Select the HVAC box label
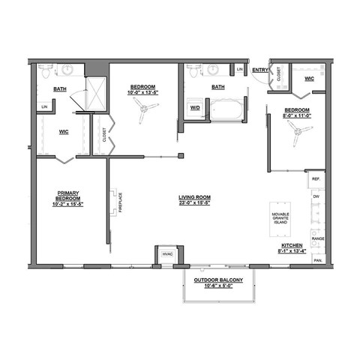tap(166, 255)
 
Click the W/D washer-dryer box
tap(195, 107)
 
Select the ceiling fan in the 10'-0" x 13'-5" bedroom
tap(143, 110)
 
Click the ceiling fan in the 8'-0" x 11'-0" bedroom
tap(300, 131)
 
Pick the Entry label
tap(260, 70)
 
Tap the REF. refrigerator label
tap(316, 180)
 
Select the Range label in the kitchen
tap(318, 238)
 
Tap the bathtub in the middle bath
tap(226, 112)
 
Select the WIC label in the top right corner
tap(308, 78)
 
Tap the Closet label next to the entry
tap(278, 73)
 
